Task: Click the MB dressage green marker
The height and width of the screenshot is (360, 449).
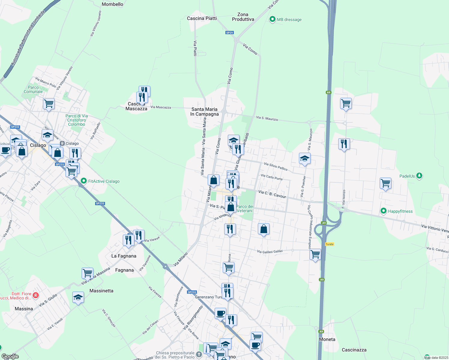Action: (273, 19)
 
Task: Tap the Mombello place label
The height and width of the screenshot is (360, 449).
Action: (113, 4)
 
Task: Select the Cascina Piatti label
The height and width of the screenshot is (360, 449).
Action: (202, 18)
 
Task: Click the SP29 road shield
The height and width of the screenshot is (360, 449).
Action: (229, 33)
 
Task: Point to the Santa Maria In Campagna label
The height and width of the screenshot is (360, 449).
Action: (204, 112)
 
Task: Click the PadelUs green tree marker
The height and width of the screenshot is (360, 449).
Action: (419, 176)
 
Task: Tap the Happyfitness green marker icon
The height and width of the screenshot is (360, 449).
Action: (383, 211)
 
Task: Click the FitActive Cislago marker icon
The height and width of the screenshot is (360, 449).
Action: (84, 181)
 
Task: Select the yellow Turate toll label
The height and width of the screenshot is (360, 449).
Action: (330, 244)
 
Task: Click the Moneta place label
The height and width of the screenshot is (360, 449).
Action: (327, 339)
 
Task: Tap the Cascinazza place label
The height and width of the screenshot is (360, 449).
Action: (354, 350)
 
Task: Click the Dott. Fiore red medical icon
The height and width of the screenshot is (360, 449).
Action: (35, 295)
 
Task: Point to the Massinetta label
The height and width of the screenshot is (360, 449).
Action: (101, 291)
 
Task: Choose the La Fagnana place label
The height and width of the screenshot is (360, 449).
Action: (124, 256)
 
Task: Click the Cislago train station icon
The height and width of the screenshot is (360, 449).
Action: (62, 143)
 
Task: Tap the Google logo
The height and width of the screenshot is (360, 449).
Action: (10, 356)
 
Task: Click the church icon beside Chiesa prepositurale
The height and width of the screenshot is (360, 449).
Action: (199, 355)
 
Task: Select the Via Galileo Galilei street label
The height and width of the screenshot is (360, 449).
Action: (270, 251)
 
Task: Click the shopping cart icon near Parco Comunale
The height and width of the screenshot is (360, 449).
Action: (49, 104)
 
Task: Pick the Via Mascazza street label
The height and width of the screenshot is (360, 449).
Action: (161, 107)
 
